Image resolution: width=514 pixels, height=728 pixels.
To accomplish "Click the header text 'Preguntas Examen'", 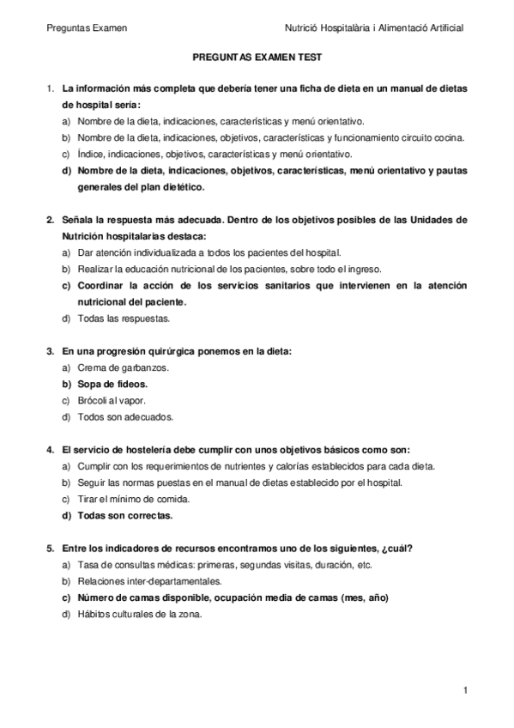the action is click(x=87, y=28).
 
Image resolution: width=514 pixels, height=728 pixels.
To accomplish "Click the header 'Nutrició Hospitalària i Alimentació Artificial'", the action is click(x=377, y=28).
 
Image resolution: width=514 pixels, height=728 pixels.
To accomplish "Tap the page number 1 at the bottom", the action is click(x=464, y=690).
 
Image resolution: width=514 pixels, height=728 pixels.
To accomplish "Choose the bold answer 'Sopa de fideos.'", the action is click(x=112, y=384).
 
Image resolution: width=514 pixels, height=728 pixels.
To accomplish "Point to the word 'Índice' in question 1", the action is click(x=91, y=155).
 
